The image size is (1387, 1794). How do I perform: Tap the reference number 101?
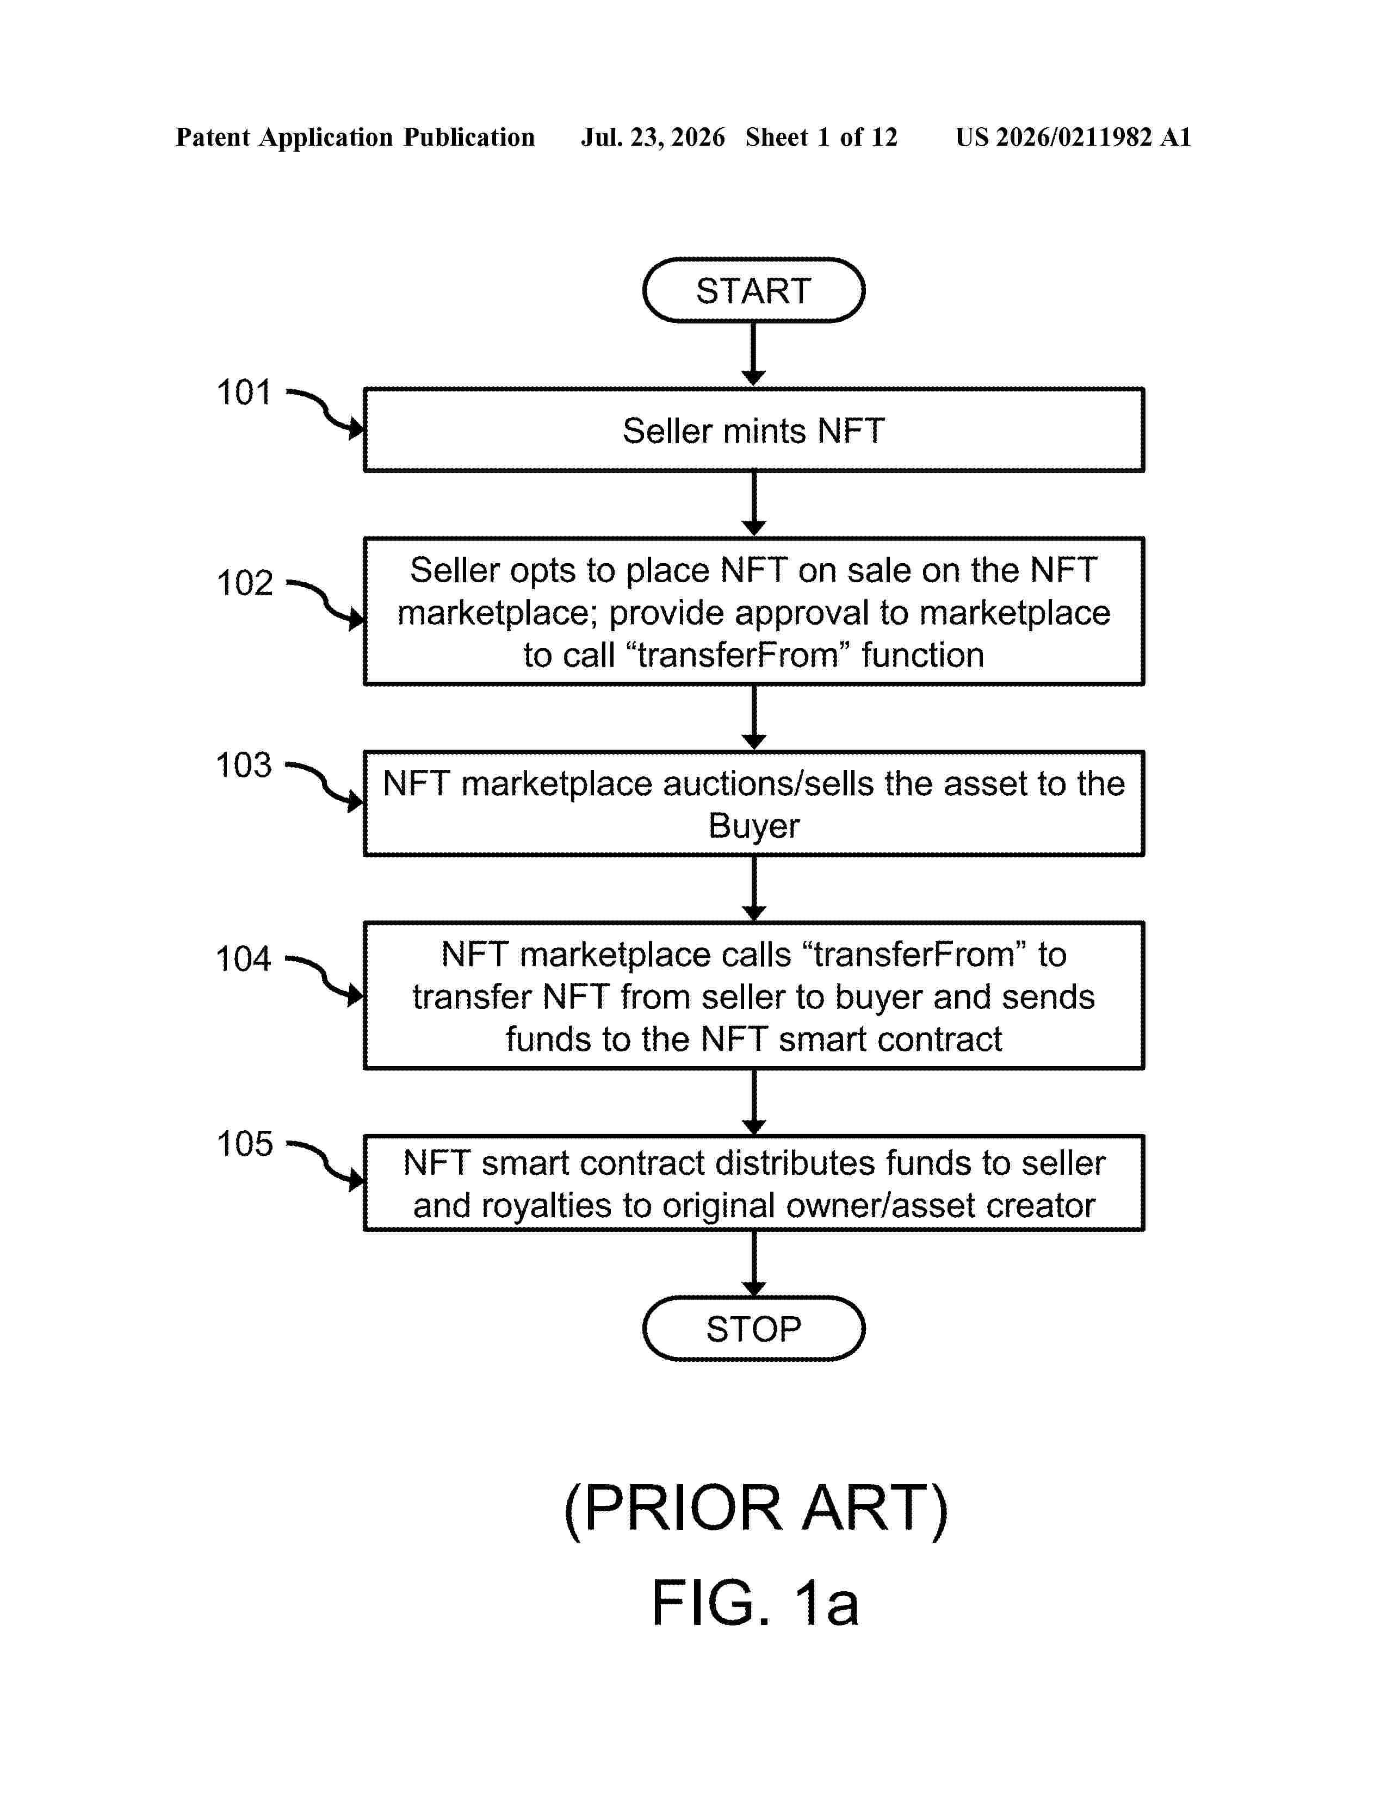pos(243,393)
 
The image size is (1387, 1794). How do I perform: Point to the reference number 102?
pos(244,583)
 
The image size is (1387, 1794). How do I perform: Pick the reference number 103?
pos(243,765)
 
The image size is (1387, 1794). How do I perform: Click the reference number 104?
pos(243,958)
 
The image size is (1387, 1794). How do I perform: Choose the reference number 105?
pos(244,1143)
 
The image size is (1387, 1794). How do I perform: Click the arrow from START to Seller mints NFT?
pos(753,354)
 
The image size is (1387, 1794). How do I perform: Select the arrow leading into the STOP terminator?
pos(753,1263)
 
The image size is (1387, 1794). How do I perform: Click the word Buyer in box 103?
pos(753,826)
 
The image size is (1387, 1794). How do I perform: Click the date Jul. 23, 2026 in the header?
pos(653,137)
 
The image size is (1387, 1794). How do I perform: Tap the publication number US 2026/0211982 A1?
pos(1073,137)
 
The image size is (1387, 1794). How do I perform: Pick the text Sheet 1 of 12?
pos(822,137)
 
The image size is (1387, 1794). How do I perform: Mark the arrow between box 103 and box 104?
pos(753,889)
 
